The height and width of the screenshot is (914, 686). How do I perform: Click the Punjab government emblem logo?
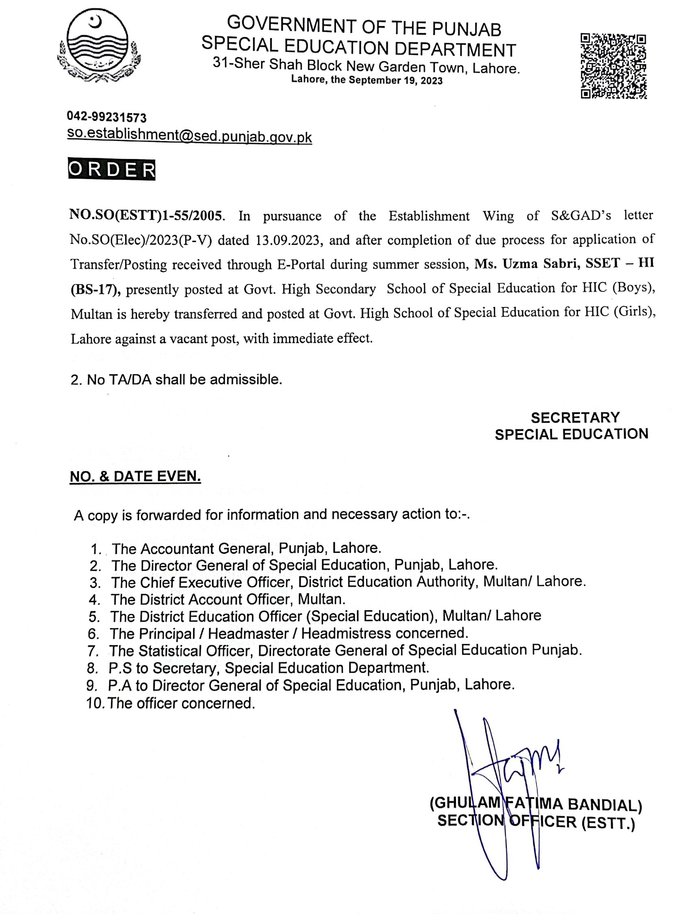98,48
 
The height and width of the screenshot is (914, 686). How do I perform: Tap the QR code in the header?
613,66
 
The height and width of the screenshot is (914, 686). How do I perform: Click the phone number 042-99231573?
106,118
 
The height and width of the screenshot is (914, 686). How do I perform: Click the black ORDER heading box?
111,170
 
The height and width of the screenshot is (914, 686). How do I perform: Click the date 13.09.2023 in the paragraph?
288,240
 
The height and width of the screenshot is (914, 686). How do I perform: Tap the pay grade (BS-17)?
95,289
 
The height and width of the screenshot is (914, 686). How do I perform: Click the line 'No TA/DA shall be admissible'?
176,379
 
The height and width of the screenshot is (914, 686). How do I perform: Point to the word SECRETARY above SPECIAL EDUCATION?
575,418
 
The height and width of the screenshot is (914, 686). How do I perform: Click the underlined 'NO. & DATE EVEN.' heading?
135,477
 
